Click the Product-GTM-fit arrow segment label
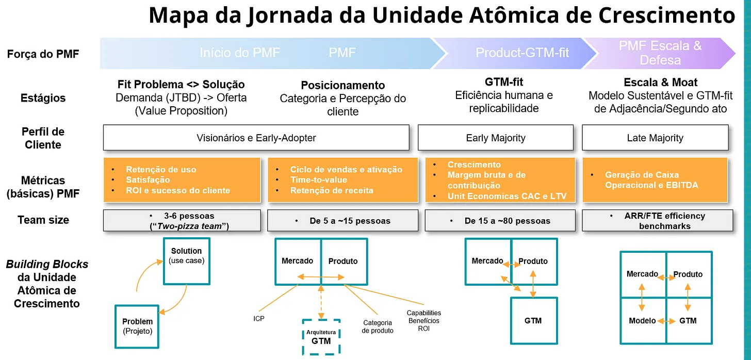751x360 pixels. [x=522, y=53]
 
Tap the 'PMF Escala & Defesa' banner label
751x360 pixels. [x=660, y=53]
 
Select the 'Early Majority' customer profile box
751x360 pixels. [x=496, y=138]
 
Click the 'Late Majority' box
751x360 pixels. [x=655, y=138]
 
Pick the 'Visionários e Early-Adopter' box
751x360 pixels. [x=256, y=138]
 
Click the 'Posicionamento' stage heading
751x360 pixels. [x=343, y=85]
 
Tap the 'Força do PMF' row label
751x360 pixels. [x=43, y=54]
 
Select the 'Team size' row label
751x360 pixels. [x=43, y=220]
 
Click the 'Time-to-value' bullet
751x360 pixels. [x=318, y=180]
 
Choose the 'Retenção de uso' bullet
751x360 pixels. [x=161, y=170]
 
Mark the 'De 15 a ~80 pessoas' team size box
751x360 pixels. [x=499, y=221]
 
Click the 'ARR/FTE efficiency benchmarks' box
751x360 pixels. [x=658, y=221]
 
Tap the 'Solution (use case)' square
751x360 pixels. [x=187, y=260]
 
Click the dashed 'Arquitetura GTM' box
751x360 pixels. [x=321, y=336]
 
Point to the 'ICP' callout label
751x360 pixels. [x=259, y=319]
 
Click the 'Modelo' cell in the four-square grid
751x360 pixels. [x=642, y=321]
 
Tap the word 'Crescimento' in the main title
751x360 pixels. [x=666, y=15]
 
